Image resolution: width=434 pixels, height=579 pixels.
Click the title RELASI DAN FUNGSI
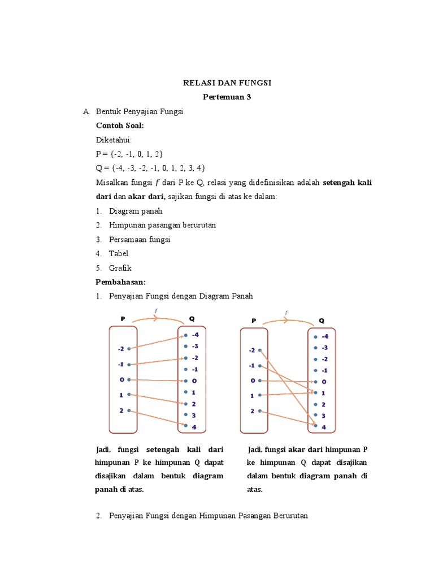227,83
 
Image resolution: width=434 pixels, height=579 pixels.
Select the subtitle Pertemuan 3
227,97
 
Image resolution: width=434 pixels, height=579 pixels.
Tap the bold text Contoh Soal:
120,126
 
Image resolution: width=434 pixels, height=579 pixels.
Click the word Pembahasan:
121,282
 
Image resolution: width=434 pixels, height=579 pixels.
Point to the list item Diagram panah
136,211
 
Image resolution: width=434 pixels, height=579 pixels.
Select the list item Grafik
120,267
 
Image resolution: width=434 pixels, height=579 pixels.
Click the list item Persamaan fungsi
140,239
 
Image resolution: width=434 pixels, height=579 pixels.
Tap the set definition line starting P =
129,154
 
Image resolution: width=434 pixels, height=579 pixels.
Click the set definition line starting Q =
150,168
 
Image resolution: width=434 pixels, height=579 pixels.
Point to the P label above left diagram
123,319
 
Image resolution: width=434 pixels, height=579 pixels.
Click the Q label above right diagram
322,321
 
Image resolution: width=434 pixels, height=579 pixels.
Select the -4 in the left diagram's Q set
194,335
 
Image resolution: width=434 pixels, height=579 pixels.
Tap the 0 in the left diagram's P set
121,379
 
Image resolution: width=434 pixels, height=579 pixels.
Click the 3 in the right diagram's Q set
323,416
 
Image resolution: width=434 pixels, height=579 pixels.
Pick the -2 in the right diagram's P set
252,351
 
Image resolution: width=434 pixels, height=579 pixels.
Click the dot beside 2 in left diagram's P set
129,410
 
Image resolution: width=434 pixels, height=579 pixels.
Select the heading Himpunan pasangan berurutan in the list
163,225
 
